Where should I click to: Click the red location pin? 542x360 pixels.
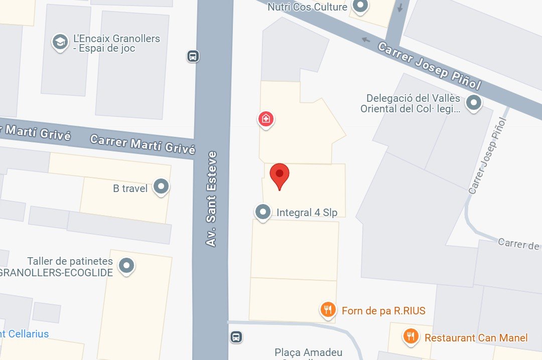coord(280,175)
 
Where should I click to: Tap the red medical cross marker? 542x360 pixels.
coord(265,119)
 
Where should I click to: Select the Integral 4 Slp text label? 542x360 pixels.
coord(307,213)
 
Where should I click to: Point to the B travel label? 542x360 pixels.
coord(130,189)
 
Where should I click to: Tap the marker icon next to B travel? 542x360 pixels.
coord(161,187)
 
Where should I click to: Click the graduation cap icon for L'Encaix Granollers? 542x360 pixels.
coord(60,43)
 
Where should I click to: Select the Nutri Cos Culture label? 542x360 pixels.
coord(307,7)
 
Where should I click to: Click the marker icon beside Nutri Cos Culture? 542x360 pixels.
coord(360,7)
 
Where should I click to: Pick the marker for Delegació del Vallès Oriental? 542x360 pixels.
coord(473,103)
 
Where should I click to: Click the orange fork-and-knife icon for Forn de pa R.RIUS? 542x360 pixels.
coord(328,310)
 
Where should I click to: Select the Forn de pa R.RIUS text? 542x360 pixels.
coord(383,311)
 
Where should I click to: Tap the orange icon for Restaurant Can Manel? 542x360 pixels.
coord(411,336)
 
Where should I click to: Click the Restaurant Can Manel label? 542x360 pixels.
coord(476,338)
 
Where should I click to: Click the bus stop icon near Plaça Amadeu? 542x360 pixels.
coord(236,336)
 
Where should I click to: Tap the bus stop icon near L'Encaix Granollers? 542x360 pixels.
coord(193,56)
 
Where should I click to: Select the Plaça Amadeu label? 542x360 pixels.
coord(308,353)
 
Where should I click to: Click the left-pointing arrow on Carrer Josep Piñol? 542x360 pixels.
coord(366,40)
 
